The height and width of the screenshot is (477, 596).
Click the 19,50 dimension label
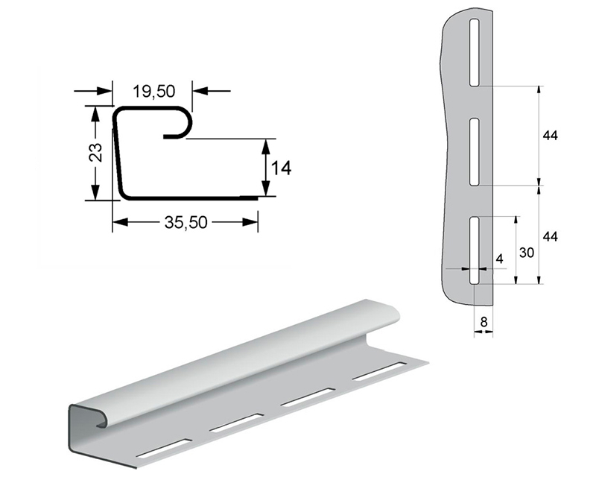pyautogui.click(x=153, y=91)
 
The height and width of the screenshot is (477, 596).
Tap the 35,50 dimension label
pyautogui.click(x=186, y=223)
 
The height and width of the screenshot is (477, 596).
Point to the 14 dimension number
pyautogui.click(x=282, y=168)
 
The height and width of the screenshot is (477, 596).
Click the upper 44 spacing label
pyautogui.click(x=550, y=136)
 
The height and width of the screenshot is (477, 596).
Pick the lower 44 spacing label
pyautogui.click(x=550, y=236)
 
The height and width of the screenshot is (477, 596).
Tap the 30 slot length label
pyautogui.click(x=527, y=252)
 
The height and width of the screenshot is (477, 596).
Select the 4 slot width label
pyautogui.click(x=500, y=259)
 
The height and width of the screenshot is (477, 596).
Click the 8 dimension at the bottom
pyautogui.click(x=484, y=322)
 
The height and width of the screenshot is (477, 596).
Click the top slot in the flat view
pyautogui.click(x=475, y=52)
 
